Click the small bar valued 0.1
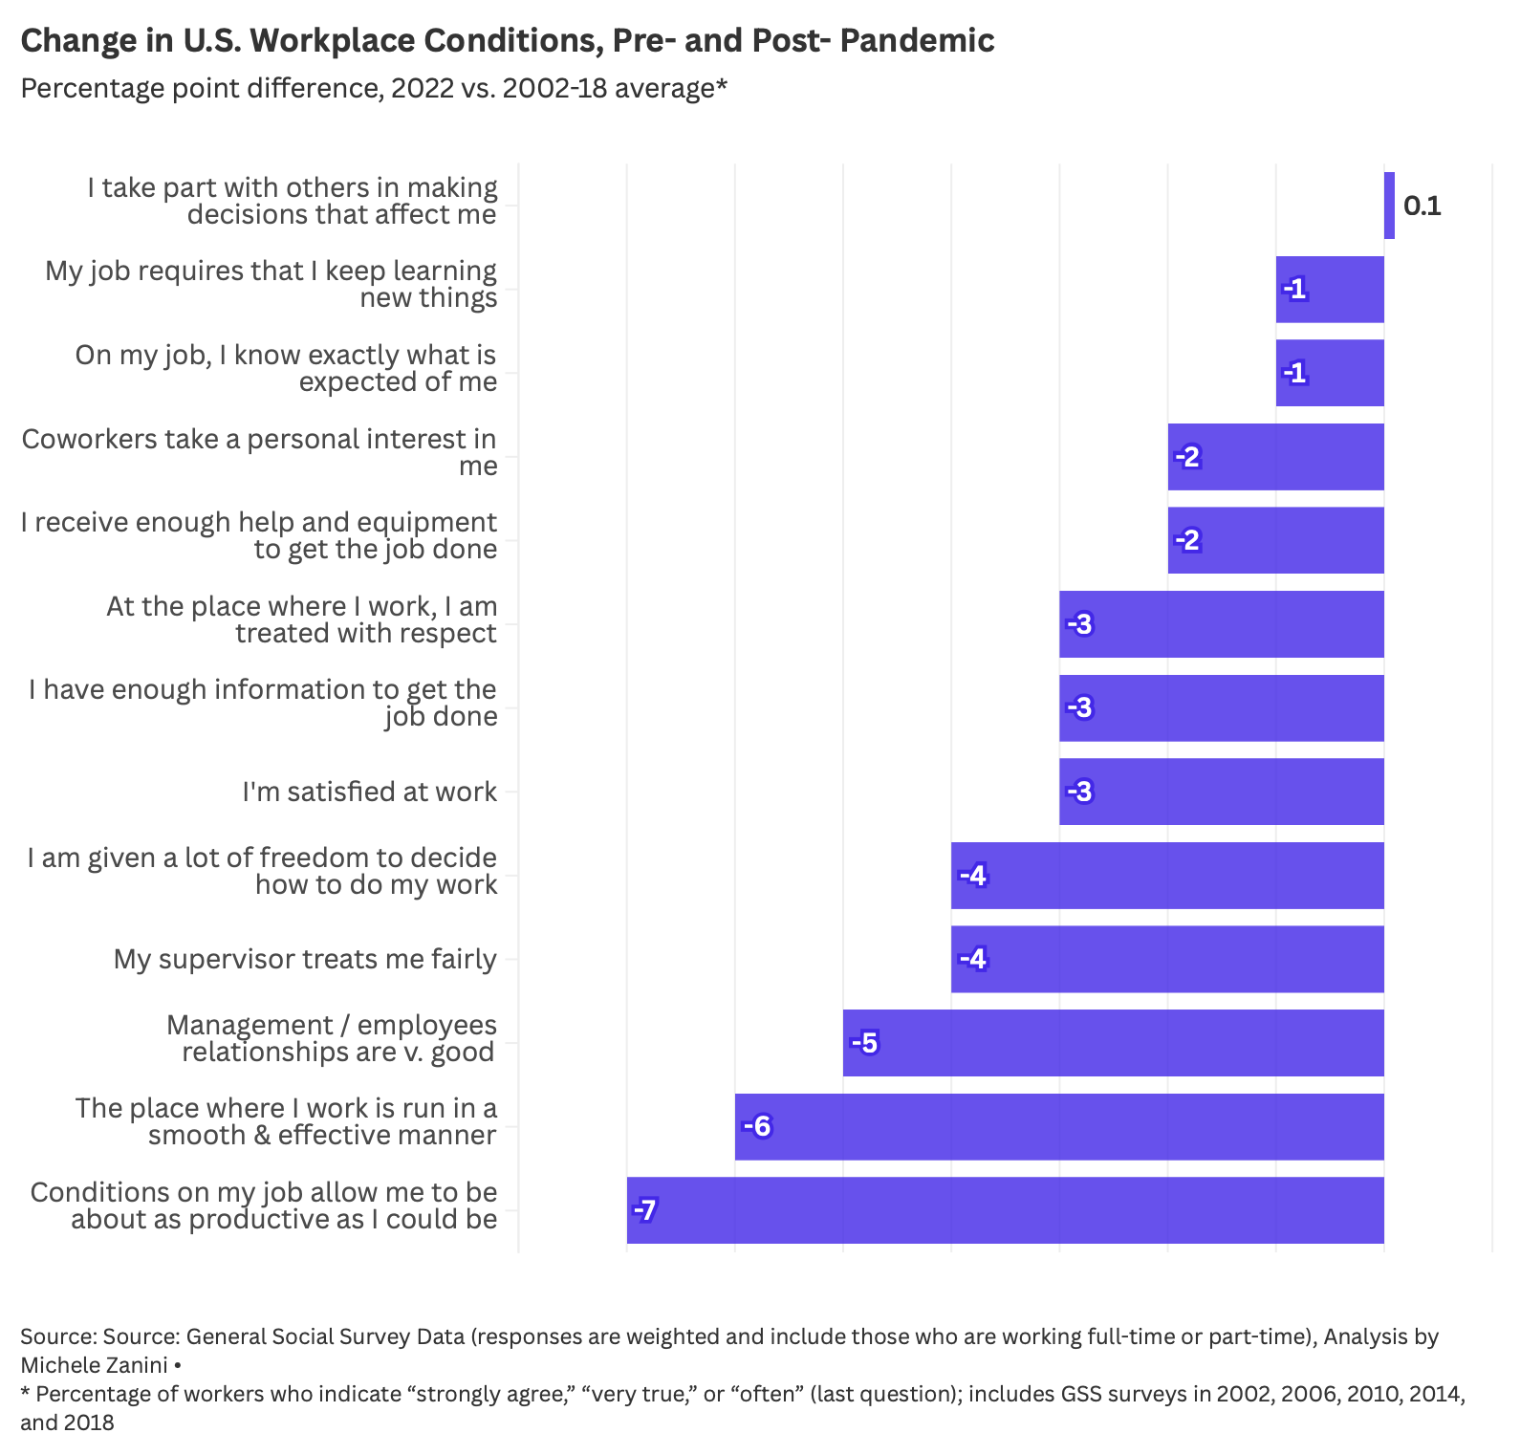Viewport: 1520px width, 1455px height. pyautogui.click(x=1389, y=206)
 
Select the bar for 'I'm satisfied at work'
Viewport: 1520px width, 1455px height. pyautogui.click(x=1222, y=792)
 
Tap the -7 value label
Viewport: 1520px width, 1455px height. pyautogui.click(x=645, y=1210)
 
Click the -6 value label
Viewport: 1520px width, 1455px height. pyautogui.click(x=756, y=1126)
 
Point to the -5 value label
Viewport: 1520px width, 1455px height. pyautogui.click(x=864, y=1043)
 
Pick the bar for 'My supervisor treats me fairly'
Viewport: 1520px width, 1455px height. pyautogui.click(x=1167, y=959)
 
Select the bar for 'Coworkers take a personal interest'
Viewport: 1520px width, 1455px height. pyautogui.click(x=1276, y=457)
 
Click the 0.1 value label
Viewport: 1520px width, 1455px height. pyautogui.click(x=1422, y=206)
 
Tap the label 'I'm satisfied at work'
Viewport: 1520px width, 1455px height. pyautogui.click(x=369, y=792)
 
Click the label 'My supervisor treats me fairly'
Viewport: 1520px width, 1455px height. pyautogui.click(x=305, y=959)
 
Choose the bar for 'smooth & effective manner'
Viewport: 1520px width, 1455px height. pyautogui.click(x=1059, y=1126)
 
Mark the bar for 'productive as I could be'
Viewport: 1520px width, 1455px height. pyautogui.click(x=1006, y=1210)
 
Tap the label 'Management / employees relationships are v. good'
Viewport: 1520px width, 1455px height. pyautogui.click(x=332, y=1038)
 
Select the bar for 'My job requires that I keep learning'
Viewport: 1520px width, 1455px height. pyautogui.click(x=1330, y=290)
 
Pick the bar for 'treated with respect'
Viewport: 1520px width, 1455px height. pyautogui.click(x=1222, y=624)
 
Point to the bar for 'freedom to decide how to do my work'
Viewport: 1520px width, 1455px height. pyautogui.click(x=1167, y=876)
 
